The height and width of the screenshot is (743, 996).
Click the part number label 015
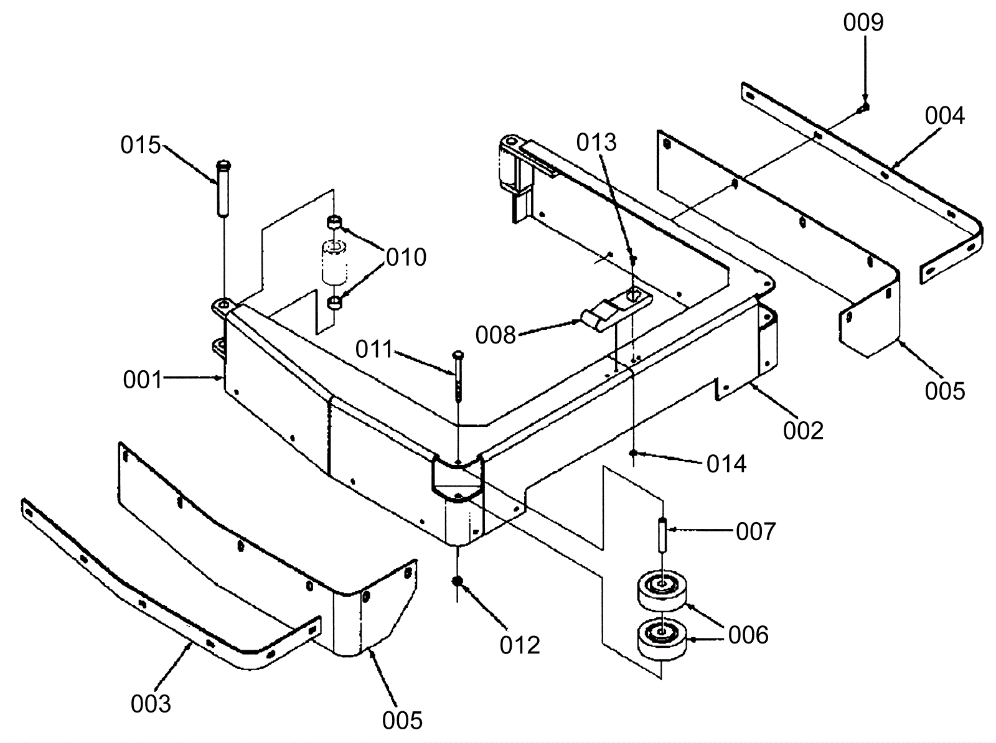(x=141, y=145)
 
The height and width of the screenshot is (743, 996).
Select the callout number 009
(x=863, y=22)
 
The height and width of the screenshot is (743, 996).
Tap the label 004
(x=945, y=116)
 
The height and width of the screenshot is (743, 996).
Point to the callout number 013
(x=597, y=143)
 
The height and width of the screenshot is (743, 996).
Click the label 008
(x=496, y=335)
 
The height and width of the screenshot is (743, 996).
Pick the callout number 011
(x=374, y=349)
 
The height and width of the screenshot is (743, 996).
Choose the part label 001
(x=143, y=380)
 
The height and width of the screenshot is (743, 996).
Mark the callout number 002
(x=803, y=431)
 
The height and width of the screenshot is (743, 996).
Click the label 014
(x=726, y=464)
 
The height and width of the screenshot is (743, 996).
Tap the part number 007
(x=756, y=531)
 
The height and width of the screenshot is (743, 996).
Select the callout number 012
(x=520, y=645)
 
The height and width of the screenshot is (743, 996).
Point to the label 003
(x=151, y=704)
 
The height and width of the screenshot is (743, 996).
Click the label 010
(x=406, y=257)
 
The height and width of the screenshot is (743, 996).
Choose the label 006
(x=748, y=635)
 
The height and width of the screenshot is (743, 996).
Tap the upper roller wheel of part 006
(x=662, y=591)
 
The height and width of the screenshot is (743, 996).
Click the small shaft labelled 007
(x=663, y=535)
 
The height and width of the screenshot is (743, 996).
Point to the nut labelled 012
(x=458, y=581)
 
